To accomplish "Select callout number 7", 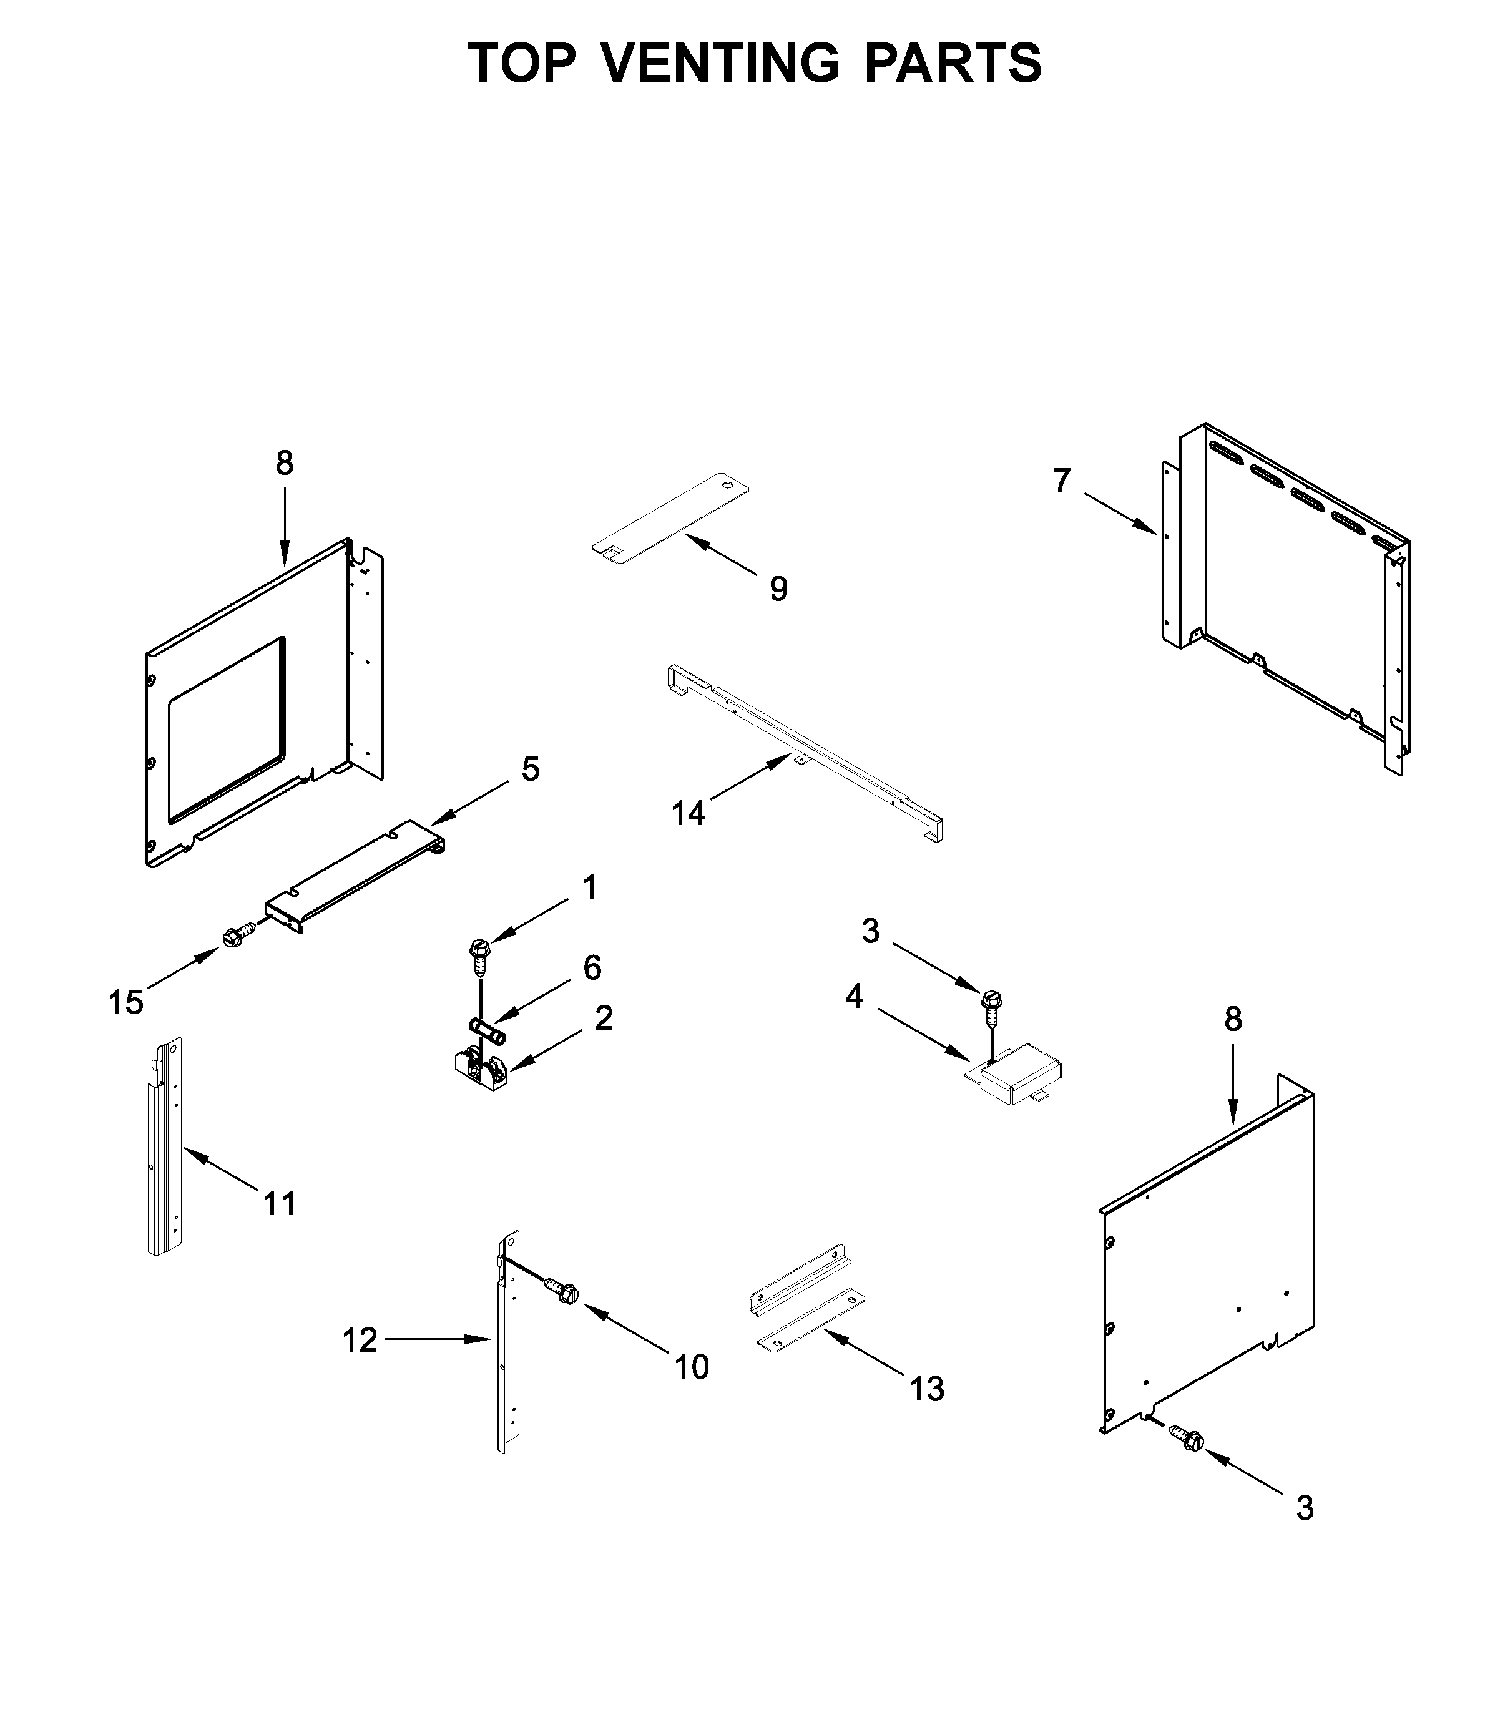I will [1062, 481].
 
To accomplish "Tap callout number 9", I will [778, 589].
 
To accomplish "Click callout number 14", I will [689, 813].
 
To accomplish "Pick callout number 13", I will [927, 1389].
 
